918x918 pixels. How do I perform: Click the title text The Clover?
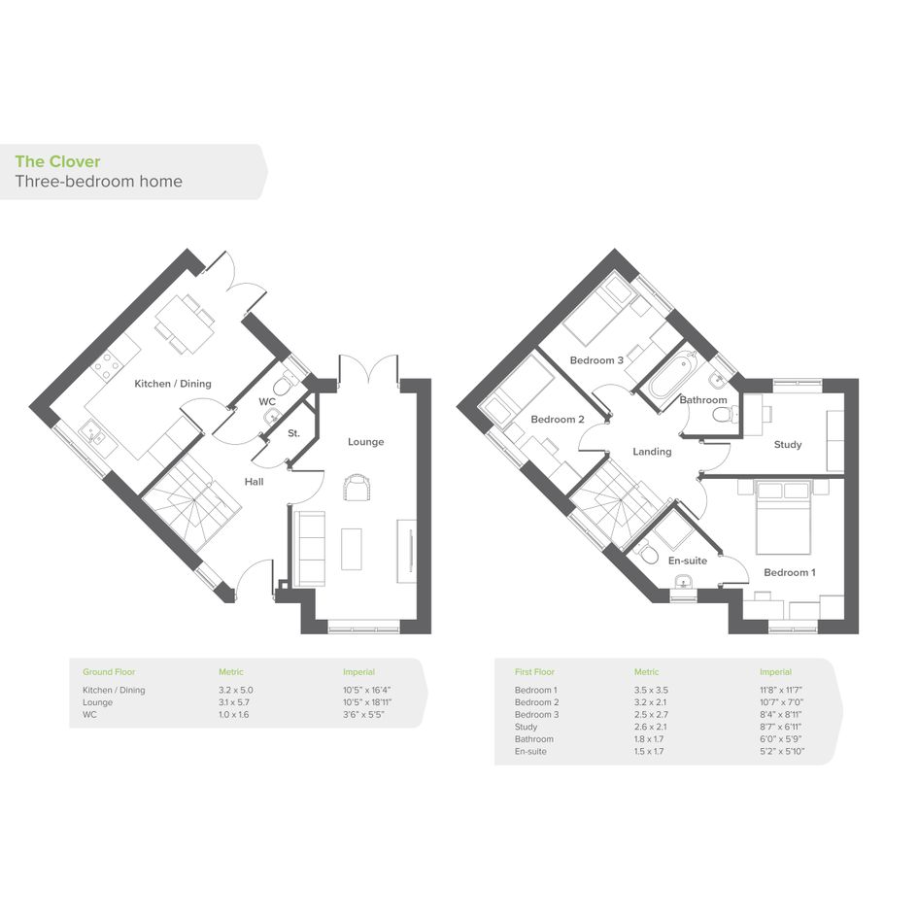[x=57, y=161]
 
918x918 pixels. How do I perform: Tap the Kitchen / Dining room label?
[x=173, y=384]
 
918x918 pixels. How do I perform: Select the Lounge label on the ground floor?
[x=366, y=441]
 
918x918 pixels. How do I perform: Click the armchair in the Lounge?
[x=357, y=488]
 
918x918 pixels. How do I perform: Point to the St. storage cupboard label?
[x=294, y=433]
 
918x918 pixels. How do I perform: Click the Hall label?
[x=255, y=482]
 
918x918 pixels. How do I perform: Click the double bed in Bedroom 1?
[x=783, y=517]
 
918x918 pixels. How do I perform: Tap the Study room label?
[x=788, y=444]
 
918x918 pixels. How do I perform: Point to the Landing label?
[x=652, y=452]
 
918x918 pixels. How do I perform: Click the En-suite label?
[x=688, y=561]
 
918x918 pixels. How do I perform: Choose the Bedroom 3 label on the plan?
[x=596, y=360]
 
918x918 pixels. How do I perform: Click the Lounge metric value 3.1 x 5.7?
[x=234, y=702]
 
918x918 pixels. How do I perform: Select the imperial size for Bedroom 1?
[x=781, y=690]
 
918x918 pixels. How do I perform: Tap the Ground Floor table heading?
[x=109, y=672]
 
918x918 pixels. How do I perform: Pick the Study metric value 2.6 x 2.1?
[x=650, y=727]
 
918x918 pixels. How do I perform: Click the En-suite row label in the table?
[x=530, y=751]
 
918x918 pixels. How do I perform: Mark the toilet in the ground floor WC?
[x=284, y=386]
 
